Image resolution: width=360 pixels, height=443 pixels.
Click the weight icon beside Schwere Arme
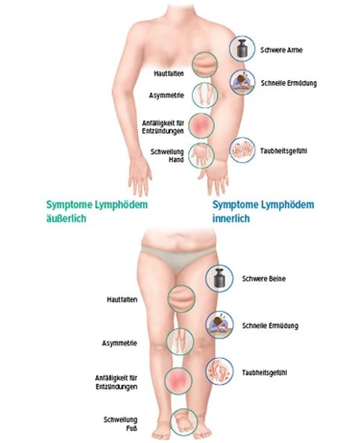pyautogui.click(x=242, y=48)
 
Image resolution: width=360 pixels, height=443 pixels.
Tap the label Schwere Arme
pyautogui.click(x=282, y=50)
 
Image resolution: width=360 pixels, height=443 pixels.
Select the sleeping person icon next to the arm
pyautogui.click(x=242, y=82)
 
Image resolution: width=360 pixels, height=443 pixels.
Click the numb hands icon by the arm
pyautogui.click(x=242, y=150)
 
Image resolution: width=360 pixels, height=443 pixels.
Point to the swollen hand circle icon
pyautogui.click(x=201, y=156)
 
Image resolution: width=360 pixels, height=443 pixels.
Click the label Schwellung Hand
pyautogui.click(x=167, y=156)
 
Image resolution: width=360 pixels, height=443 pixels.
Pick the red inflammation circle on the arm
pyautogui.click(x=201, y=126)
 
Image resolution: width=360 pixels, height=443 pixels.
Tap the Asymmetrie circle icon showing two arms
pyautogui.click(x=205, y=95)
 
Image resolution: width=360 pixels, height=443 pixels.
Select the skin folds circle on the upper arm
pyautogui.click(x=205, y=65)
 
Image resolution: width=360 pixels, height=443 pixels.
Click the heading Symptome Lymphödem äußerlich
pyautogui.click(x=97, y=211)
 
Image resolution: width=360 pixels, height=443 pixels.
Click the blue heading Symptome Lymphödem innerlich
pyautogui.click(x=263, y=211)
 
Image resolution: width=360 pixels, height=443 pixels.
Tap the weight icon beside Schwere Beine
pyautogui.click(x=219, y=278)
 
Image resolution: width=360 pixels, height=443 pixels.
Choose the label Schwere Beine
pyautogui.click(x=264, y=279)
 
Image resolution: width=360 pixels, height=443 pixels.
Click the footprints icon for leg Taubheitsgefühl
pyautogui.click(x=219, y=372)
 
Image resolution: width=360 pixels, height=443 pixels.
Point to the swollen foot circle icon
pyautogui.click(x=184, y=422)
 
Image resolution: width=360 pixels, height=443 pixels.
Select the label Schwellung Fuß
pyautogui.click(x=121, y=424)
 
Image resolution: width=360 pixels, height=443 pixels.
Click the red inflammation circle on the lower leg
pyautogui.click(x=178, y=380)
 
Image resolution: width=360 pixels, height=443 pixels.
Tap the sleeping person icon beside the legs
pyautogui.click(x=219, y=325)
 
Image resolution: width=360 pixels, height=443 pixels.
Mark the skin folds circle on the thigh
pyautogui.click(x=181, y=299)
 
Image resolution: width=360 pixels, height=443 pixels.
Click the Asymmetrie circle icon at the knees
pyautogui.click(x=180, y=341)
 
